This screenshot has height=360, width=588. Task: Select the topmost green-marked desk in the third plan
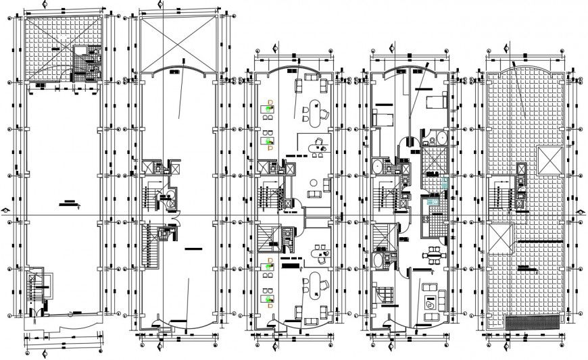pyautogui.click(x=268, y=107)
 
